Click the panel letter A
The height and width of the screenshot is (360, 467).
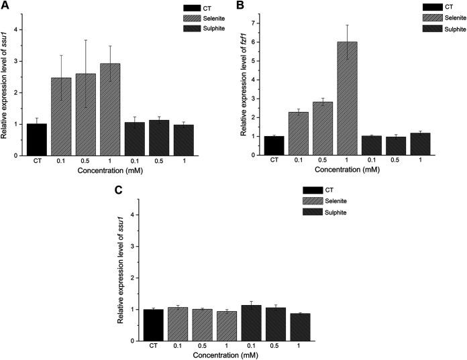[5, 6]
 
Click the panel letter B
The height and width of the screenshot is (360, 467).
[240, 6]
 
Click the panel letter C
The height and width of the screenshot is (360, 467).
[118, 190]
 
